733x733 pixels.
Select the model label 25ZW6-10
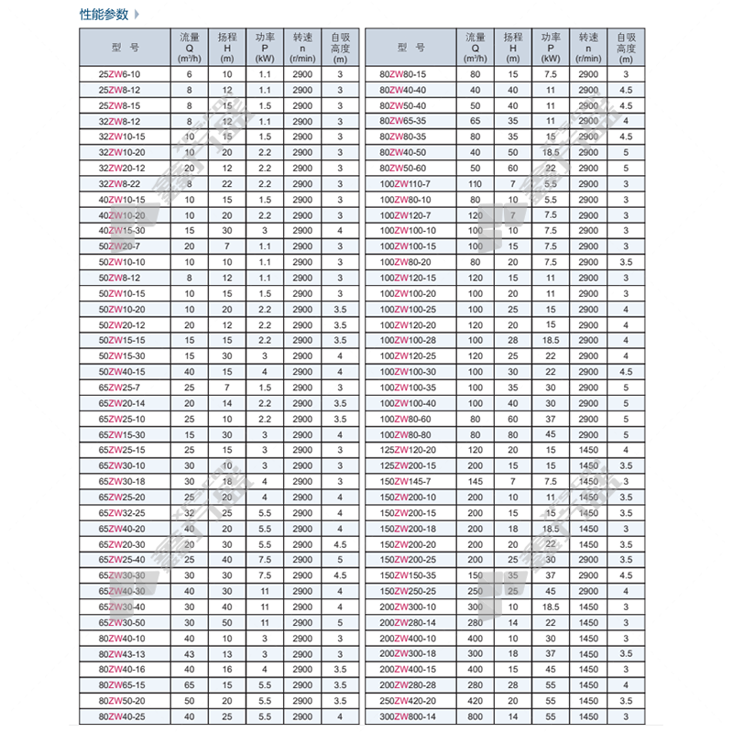click(120, 73)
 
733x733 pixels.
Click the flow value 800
click(475, 717)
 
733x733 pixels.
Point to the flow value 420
click(475, 701)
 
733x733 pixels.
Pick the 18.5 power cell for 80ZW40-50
click(551, 152)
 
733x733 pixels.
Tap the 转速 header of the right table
click(587, 45)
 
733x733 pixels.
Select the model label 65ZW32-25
click(120, 512)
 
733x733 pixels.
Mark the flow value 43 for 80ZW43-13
click(190, 653)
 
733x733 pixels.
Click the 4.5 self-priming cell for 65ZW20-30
click(340, 544)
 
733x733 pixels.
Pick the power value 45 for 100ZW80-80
click(551, 433)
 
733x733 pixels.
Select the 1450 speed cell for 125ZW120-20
click(587, 450)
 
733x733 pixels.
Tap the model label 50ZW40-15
click(120, 371)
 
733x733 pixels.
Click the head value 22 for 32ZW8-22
click(227, 184)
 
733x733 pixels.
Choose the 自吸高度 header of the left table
click(340, 45)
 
